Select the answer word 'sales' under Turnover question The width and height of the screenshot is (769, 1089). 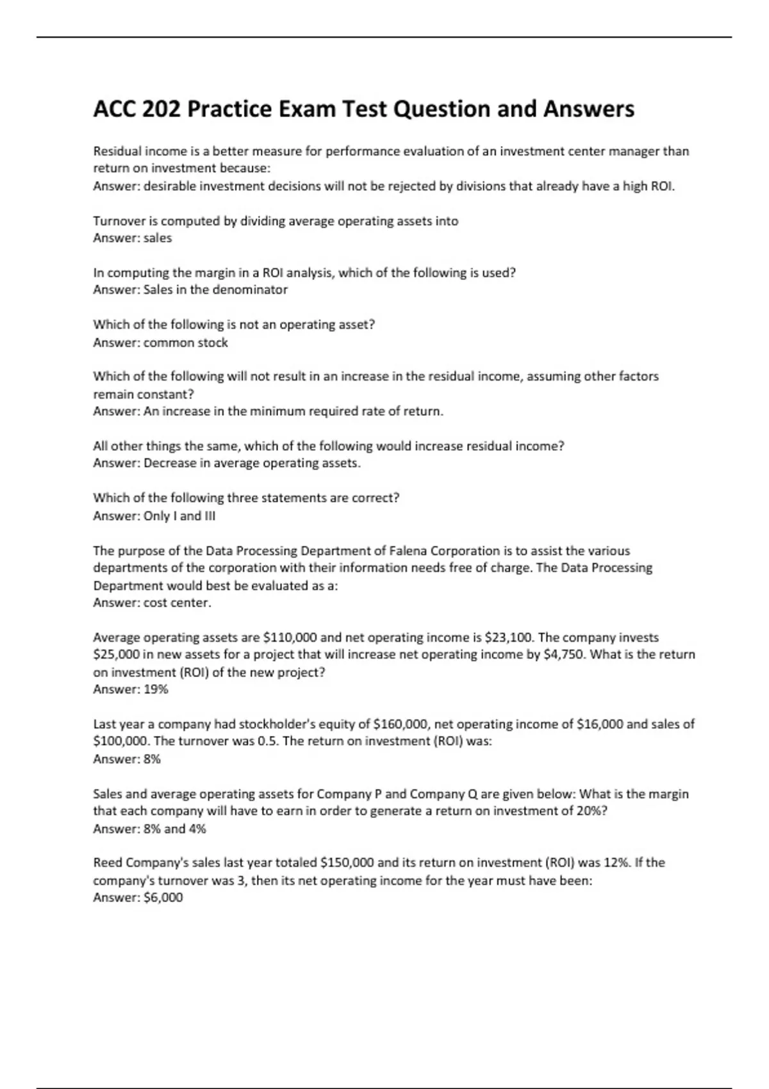[158, 238]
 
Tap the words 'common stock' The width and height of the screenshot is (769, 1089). [186, 342]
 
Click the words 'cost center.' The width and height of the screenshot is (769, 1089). [178, 602]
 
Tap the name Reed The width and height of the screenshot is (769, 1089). [108, 863]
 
